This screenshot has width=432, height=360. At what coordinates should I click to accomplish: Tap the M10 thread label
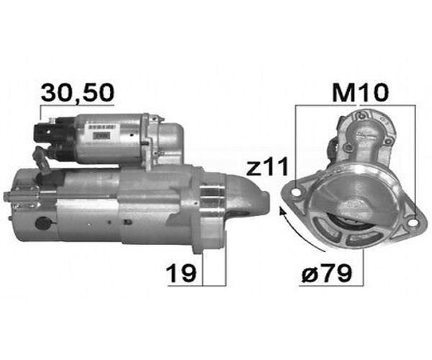361,93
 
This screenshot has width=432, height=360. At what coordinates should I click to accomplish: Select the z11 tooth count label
267,166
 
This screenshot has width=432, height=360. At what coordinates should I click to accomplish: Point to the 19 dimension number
181,274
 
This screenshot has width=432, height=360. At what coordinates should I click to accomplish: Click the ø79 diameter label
326,273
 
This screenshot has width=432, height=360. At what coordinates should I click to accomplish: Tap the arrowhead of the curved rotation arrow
282,211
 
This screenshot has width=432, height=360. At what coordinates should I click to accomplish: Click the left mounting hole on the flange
297,192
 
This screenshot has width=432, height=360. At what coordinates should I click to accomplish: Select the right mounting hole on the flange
412,222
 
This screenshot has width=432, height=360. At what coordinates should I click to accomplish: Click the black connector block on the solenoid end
42,132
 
